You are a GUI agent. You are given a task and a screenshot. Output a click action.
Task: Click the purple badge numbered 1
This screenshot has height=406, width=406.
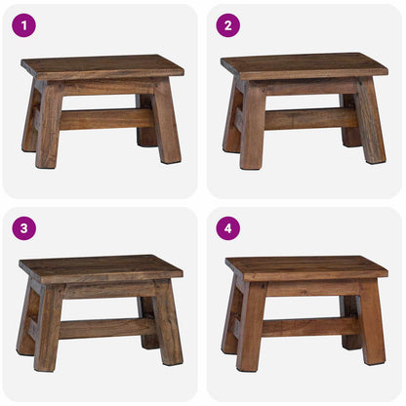click(x=23, y=25)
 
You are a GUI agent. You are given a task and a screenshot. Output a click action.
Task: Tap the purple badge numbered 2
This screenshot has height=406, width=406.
click(x=227, y=25)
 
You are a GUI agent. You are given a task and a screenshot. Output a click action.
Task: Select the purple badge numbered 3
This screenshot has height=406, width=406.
click(x=23, y=228)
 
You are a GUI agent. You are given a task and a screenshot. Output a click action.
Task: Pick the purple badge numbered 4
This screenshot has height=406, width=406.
click(x=227, y=228)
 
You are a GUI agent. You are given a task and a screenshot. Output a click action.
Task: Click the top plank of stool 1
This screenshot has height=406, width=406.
click(x=102, y=66)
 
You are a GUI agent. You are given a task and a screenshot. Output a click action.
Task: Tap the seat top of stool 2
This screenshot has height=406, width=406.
click(x=304, y=65)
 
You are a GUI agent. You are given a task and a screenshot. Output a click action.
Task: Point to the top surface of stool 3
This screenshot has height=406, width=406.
click(x=101, y=268)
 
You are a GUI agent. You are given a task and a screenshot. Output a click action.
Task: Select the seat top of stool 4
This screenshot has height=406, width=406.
click(x=306, y=267)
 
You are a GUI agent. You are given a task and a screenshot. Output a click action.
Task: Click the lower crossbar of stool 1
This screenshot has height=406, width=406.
click(x=105, y=118)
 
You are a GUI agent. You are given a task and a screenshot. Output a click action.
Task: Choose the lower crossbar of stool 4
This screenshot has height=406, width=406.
click(x=306, y=326)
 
